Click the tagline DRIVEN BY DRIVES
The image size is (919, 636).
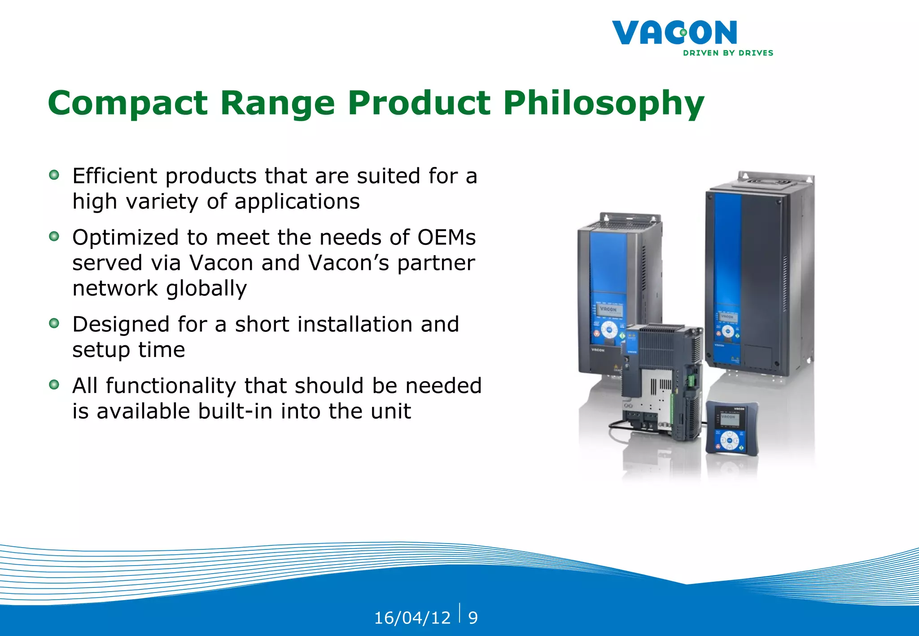pyautogui.click(x=728, y=53)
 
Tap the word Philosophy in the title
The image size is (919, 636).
pyautogui.click(x=603, y=103)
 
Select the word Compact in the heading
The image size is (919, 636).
pyautogui.click(x=127, y=103)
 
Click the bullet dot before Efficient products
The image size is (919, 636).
pyautogui.click(x=54, y=175)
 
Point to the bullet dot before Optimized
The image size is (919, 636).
pyautogui.click(x=54, y=236)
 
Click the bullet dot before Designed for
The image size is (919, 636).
pyautogui.click(x=54, y=323)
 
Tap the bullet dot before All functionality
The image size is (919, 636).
pyautogui.click(x=54, y=384)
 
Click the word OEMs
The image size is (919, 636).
pyautogui.click(x=446, y=237)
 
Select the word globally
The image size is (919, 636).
pyautogui.click(x=206, y=288)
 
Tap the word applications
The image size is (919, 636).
pyautogui.click(x=297, y=202)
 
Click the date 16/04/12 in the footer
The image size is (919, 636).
pyautogui.click(x=412, y=618)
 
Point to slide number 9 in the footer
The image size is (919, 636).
pyautogui.click(x=473, y=618)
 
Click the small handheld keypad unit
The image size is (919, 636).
pyautogui.click(x=731, y=429)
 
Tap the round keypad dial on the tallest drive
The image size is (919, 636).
pyautogui.click(x=727, y=331)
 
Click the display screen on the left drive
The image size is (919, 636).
pyautogui.click(x=608, y=309)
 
